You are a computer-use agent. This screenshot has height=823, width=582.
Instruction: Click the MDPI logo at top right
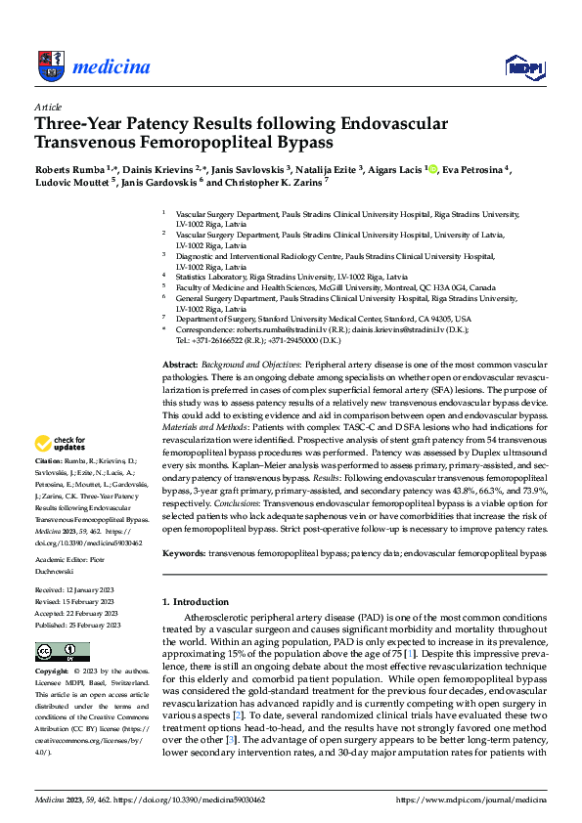click(523, 65)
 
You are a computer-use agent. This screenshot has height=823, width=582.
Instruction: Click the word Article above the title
click(48, 107)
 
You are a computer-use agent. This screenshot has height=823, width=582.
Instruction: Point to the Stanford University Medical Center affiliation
click(323, 319)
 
